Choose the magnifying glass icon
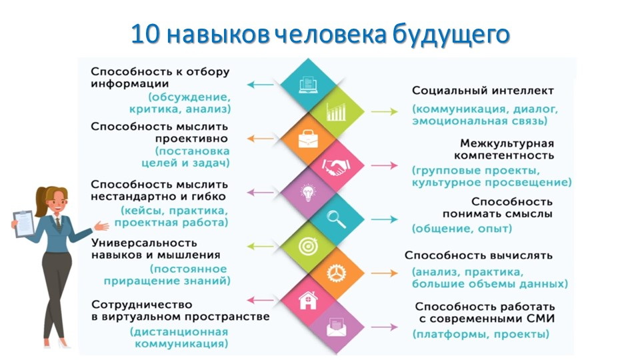[x=336, y=219]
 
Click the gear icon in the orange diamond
[x=336, y=273]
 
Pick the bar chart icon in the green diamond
[x=336, y=112]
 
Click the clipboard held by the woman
[x=24, y=223]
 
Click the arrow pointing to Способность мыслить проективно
[x=259, y=139]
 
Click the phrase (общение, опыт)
[x=462, y=229]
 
